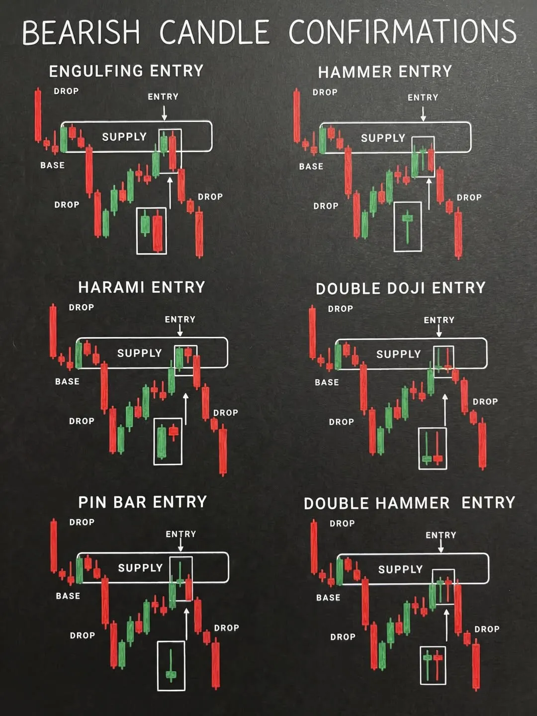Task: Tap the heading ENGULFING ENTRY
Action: [126, 71]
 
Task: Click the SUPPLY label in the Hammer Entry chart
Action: [383, 138]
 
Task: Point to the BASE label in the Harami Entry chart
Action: [67, 381]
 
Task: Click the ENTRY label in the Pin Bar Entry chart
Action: [181, 534]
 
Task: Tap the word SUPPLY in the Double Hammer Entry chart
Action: [400, 569]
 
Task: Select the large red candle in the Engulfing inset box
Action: [158, 231]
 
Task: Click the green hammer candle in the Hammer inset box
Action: [407, 227]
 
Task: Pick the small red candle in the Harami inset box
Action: [174, 432]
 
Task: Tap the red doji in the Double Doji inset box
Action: [438, 448]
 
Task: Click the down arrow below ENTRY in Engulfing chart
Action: [164, 113]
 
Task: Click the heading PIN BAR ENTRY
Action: [143, 503]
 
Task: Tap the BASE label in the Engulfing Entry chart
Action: [53, 166]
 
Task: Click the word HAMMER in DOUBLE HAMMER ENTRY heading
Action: [413, 503]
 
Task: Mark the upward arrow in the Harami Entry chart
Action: [185, 409]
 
